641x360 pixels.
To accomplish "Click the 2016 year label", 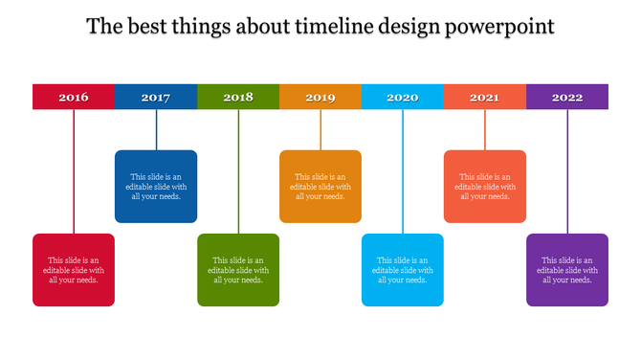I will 74,97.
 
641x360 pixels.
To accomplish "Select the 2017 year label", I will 156,97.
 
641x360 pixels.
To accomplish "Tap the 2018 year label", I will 238,97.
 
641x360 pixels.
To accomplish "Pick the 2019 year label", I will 320,97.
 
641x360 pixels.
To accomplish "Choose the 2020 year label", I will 403,97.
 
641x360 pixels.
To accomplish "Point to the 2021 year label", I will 484,97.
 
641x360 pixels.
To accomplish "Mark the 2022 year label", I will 567,97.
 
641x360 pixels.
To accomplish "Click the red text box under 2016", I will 74,270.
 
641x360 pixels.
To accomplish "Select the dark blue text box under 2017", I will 156,187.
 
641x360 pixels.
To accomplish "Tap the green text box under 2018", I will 238,270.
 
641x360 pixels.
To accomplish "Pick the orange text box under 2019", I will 320,187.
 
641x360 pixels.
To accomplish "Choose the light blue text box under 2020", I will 403,270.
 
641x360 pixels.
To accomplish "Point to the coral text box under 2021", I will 484,187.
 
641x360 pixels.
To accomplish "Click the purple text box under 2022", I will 567,270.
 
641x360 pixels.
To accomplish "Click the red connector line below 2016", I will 74,172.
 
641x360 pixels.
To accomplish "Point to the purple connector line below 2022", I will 567,172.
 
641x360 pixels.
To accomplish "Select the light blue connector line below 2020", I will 403,172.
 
